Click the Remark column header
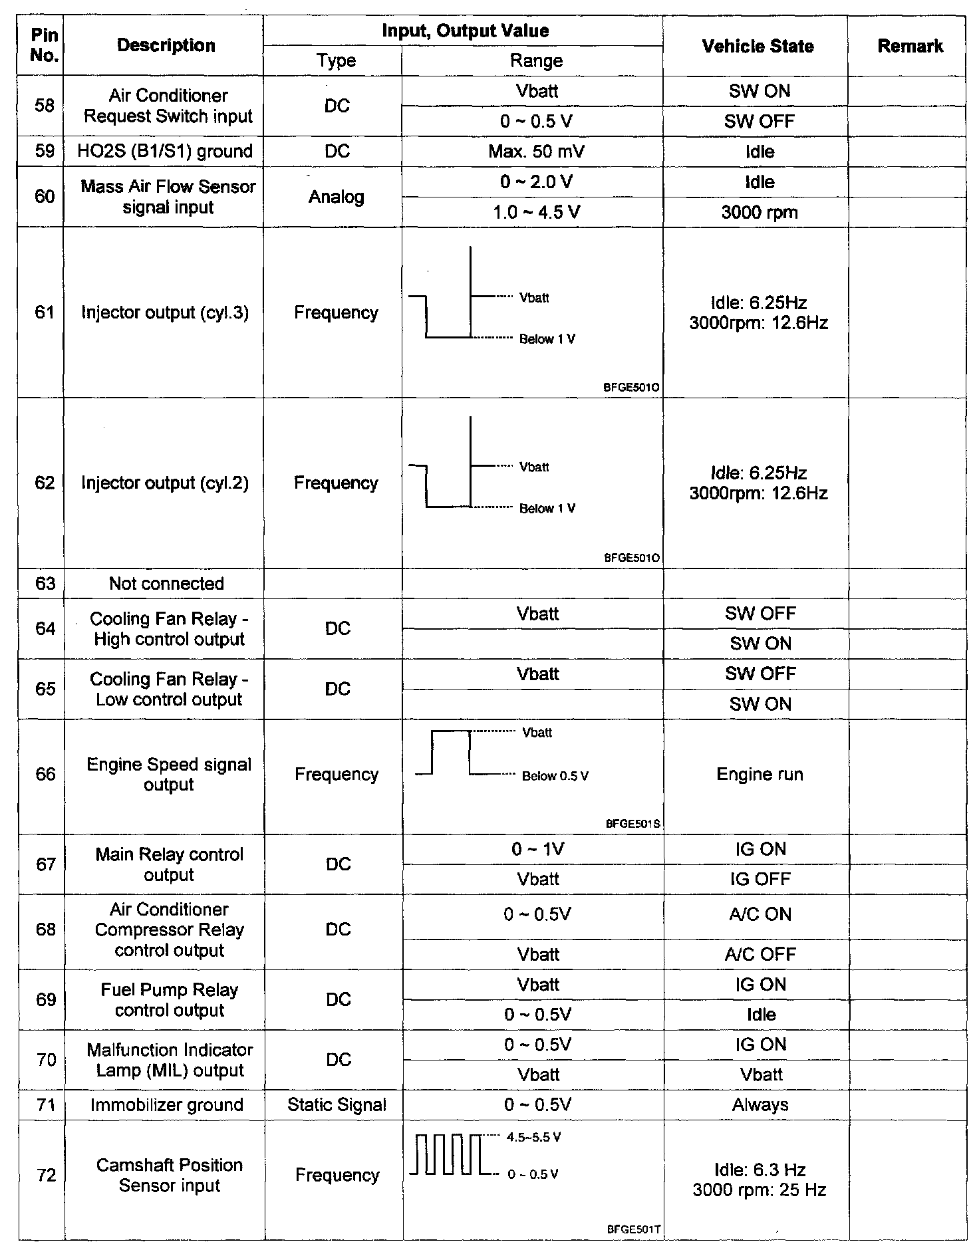coord(910,46)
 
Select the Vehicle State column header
coord(758,46)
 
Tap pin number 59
coord(45,151)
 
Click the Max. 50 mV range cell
coord(536,152)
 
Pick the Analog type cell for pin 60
coord(336,197)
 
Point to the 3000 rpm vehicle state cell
coord(759,213)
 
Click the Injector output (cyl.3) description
coord(165,312)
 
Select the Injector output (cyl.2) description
coord(165,483)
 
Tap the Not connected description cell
coord(166,584)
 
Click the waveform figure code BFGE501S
coord(632,824)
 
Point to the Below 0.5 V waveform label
coord(555,776)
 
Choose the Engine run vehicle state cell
coord(760,774)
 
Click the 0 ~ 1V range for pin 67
coord(537,849)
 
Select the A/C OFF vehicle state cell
coord(760,954)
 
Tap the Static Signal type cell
coord(337,1105)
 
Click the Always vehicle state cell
coord(760,1105)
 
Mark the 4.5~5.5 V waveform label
coord(533,1138)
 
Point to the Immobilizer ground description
coord(167,1105)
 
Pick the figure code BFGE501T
coord(633,1230)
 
